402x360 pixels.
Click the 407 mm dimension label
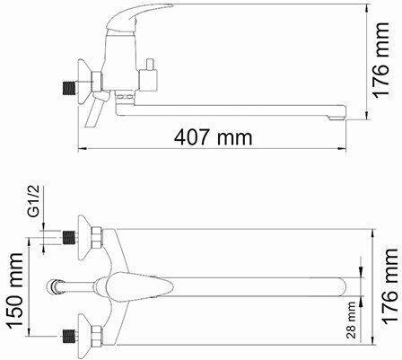point(213,137)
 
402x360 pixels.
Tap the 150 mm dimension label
point(15,291)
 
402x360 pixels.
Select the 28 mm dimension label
point(352,320)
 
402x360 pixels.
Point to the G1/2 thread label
point(33,201)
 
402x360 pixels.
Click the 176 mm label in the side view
point(380,60)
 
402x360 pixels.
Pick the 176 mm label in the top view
point(390,286)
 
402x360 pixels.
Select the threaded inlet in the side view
point(69,88)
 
